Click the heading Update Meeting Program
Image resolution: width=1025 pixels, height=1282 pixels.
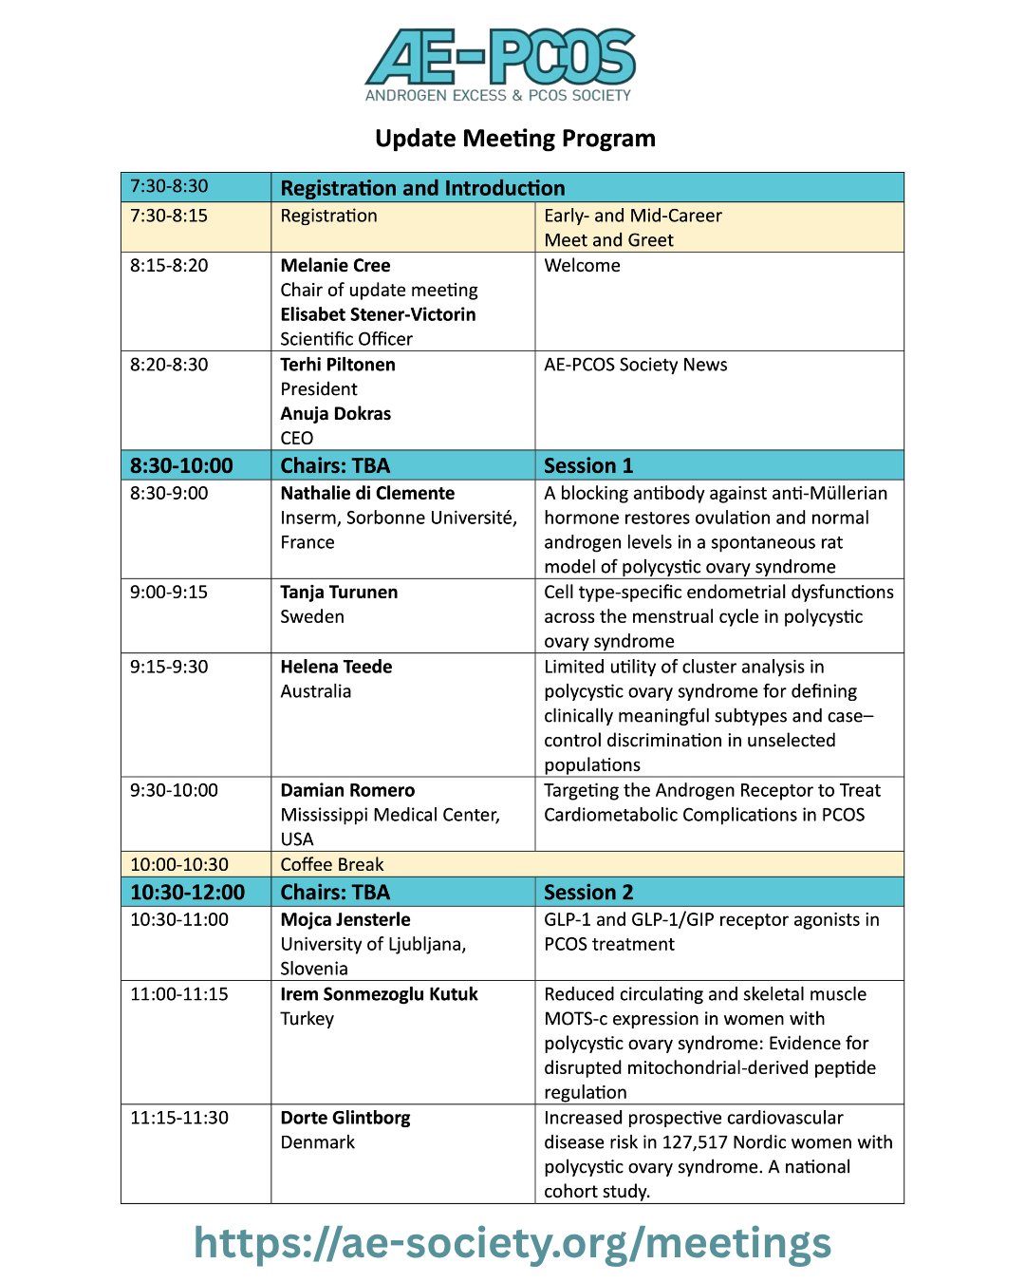click(515, 139)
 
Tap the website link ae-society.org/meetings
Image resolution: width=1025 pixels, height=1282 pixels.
click(512, 1243)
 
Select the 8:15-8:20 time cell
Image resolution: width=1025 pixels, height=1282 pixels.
click(169, 266)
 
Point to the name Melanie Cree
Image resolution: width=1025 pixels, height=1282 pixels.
click(335, 266)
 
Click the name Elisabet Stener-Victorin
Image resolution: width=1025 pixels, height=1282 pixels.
click(378, 314)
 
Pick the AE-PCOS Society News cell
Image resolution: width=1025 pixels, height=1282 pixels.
click(636, 365)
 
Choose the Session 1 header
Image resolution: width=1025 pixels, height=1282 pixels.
click(588, 465)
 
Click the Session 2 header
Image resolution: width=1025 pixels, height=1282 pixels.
click(588, 893)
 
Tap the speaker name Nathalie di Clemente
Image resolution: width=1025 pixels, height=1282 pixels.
click(367, 494)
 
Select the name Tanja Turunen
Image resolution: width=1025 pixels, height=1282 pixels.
click(339, 593)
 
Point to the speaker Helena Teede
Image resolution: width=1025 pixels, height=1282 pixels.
click(336, 667)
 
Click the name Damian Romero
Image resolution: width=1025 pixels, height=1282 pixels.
click(347, 790)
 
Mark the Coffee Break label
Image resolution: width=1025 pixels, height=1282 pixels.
click(332, 865)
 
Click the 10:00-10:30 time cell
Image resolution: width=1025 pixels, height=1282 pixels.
click(179, 865)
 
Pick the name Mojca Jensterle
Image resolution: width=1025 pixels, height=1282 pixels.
click(345, 919)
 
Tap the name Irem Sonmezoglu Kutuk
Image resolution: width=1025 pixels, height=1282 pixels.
click(379, 994)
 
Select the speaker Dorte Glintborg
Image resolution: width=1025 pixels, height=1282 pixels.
click(345, 1118)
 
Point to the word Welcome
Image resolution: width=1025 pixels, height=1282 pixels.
click(582, 266)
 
